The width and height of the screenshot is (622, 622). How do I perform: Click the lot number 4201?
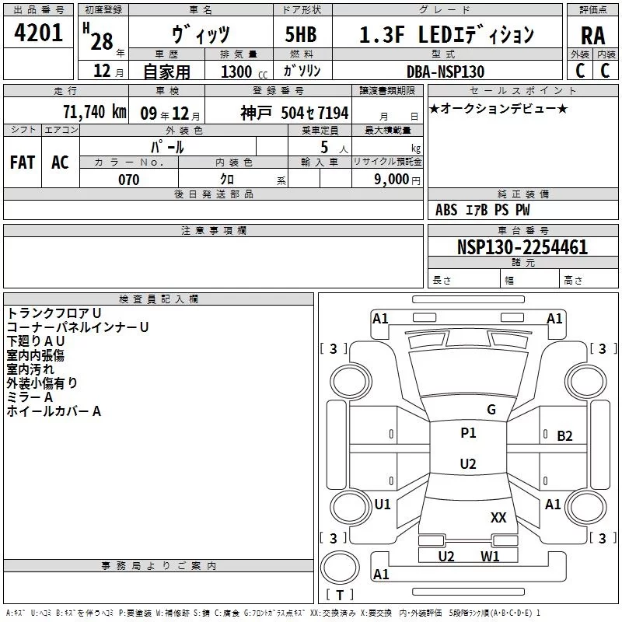(x=38, y=33)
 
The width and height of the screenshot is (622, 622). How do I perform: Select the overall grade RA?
(x=592, y=36)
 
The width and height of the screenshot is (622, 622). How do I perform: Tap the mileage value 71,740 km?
(x=95, y=112)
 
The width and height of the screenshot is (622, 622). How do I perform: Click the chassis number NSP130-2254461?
(x=522, y=246)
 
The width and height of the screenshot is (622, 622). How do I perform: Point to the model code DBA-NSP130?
(x=446, y=72)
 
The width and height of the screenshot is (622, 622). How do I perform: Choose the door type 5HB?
(x=301, y=34)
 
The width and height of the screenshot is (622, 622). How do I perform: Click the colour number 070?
(x=129, y=180)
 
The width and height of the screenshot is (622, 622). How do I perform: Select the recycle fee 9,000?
(x=392, y=179)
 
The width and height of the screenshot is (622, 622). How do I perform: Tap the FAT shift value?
(x=23, y=162)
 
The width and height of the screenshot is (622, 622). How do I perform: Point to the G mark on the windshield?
(x=491, y=410)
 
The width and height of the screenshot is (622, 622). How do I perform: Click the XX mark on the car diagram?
(x=498, y=517)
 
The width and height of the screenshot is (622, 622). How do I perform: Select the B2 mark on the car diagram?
(x=564, y=436)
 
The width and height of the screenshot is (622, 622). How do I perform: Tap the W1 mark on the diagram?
(x=490, y=556)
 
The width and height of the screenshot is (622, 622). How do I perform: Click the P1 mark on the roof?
(x=468, y=433)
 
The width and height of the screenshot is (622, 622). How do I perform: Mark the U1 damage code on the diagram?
(x=383, y=504)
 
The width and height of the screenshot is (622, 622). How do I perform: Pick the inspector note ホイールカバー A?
(x=54, y=411)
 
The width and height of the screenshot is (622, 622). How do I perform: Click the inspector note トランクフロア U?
(x=54, y=313)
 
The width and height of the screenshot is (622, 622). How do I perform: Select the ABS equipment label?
(x=446, y=209)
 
